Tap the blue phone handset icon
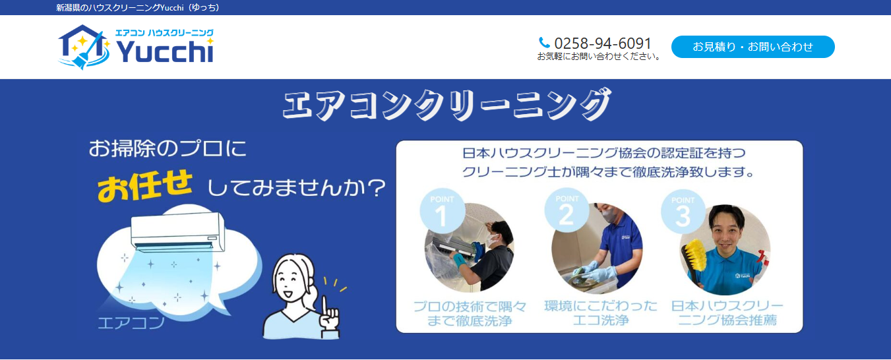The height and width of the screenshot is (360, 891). click(x=545, y=43)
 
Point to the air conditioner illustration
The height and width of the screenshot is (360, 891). click(x=177, y=232)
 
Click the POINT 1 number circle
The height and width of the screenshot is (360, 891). click(x=441, y=213)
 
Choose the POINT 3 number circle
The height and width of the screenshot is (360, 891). click(x=683, y=212)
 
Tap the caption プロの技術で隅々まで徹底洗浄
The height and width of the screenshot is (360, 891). click(x=470, y=314)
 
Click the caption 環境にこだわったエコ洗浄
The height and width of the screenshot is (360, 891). click(x=601, y=314)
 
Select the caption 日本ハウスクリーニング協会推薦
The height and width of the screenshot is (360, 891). click(x=727, y=314)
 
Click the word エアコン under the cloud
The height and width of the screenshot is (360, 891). click(x=131, y=323)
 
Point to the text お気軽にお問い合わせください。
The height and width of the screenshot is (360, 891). click(x=599, y=57)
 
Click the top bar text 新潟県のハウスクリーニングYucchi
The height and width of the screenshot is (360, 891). click(x=138, y=7)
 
